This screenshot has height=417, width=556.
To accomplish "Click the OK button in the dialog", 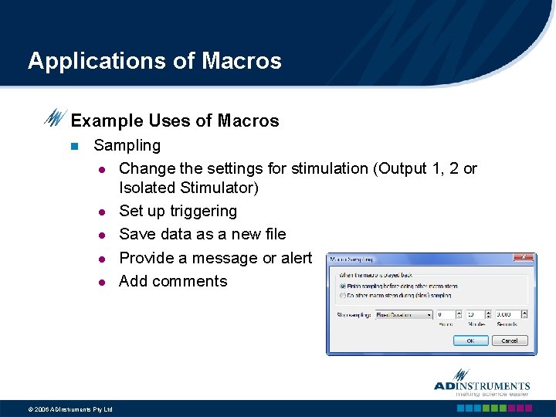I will pyautogui.click(x=470, y=340).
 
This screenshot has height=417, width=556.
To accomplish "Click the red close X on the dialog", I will pyautogui.click(x=525, y=258).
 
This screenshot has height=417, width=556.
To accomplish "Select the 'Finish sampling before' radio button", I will pyautogui.click(x=343, y=286).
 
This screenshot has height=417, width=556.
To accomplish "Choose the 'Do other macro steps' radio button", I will pyautogui.click(x=343, y=294).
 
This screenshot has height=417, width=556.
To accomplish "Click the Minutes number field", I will pyautogui.click(x=473, y=314).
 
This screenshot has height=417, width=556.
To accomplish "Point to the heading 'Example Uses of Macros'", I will pyautogui.click(x=175, y=120).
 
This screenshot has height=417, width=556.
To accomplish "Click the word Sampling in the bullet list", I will pyautogui.click(x=127, y=145).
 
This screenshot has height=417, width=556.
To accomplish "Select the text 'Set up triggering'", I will pyautogui.click(x=178, y=211).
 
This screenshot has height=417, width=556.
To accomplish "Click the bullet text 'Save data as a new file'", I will pyautogui.click(x=202, y=234).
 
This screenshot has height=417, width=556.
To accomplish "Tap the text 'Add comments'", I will pyautogui.click(x=173, y=281).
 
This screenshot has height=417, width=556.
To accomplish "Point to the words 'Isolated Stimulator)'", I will pyautogui.click(x=188, y=188).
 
